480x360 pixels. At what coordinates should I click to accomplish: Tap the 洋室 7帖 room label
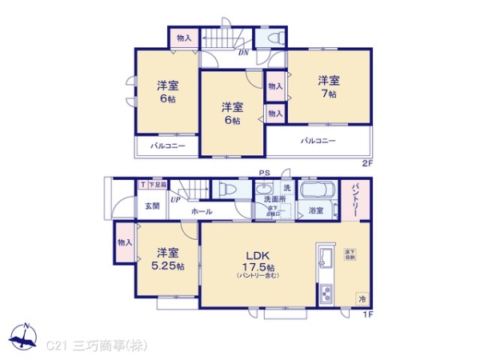(328, 86)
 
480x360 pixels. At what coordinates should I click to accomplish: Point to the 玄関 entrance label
(152, 206)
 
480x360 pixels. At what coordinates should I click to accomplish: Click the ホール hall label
(202, 211)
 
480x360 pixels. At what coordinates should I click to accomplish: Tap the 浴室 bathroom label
(316, 211)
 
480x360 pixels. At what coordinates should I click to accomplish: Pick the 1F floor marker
(367, 312)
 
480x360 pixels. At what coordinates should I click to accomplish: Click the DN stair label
(242, 53)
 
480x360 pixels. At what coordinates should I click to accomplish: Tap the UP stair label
(174, 200)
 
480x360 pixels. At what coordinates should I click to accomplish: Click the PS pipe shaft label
(263, 174)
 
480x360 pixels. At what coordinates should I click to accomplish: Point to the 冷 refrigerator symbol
(362, 298)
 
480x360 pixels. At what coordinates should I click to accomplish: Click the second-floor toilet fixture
(269, 38)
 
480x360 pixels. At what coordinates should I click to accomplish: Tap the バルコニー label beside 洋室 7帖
(318, 142)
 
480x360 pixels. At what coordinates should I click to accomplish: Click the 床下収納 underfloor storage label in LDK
(350, 254)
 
